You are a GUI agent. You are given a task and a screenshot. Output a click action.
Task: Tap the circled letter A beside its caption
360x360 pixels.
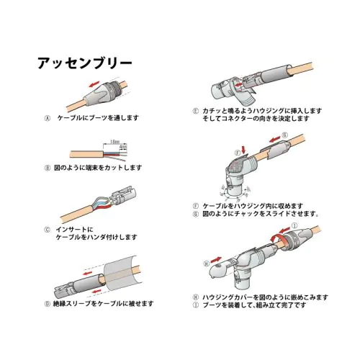[48, 117]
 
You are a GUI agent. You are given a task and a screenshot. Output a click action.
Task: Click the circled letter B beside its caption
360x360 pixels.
[48, 167]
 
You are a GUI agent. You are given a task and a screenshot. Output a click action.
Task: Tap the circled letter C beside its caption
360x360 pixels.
[48, 228]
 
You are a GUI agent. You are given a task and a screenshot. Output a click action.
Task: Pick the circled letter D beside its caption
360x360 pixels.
[48, 303]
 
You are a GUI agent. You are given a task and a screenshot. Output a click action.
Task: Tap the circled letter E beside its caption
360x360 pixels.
[196, 110]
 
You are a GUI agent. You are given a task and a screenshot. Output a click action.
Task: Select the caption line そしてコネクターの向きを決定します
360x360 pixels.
[256, 118]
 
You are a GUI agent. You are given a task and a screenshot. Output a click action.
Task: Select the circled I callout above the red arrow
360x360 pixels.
[294, 225]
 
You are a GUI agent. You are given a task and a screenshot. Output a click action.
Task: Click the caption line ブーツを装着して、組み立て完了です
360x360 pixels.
[253, 305]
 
